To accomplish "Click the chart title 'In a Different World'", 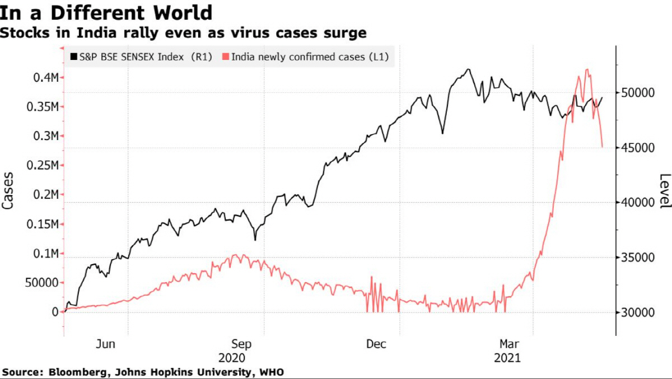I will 106,12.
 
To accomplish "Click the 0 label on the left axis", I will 55,312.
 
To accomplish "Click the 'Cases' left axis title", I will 8,190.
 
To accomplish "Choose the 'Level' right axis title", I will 664,190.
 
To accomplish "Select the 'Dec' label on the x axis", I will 376,344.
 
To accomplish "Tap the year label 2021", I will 508,358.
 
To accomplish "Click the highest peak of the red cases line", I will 586,69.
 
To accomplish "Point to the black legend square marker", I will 73,57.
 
